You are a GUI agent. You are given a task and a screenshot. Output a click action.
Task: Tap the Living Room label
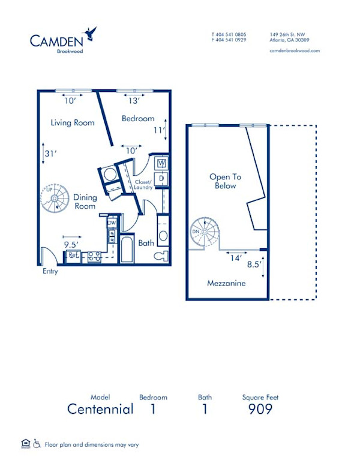coord(73,123)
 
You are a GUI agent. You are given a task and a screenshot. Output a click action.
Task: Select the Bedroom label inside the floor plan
coord(138,119)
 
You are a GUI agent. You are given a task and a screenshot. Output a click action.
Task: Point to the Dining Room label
coord(85,202)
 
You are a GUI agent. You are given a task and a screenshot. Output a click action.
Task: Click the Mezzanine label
coord(226,283)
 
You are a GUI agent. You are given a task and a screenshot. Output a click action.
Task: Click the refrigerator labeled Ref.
coord(73,255)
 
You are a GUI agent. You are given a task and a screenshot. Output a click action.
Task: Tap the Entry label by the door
coord(50,272)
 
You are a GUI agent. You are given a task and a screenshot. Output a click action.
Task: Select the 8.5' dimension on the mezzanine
coord(254,263)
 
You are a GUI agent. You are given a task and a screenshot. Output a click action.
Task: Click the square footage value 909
coord(260,410)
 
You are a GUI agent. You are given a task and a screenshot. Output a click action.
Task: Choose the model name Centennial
coord(100,410)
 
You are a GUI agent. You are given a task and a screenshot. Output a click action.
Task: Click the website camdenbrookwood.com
coord(295,51)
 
